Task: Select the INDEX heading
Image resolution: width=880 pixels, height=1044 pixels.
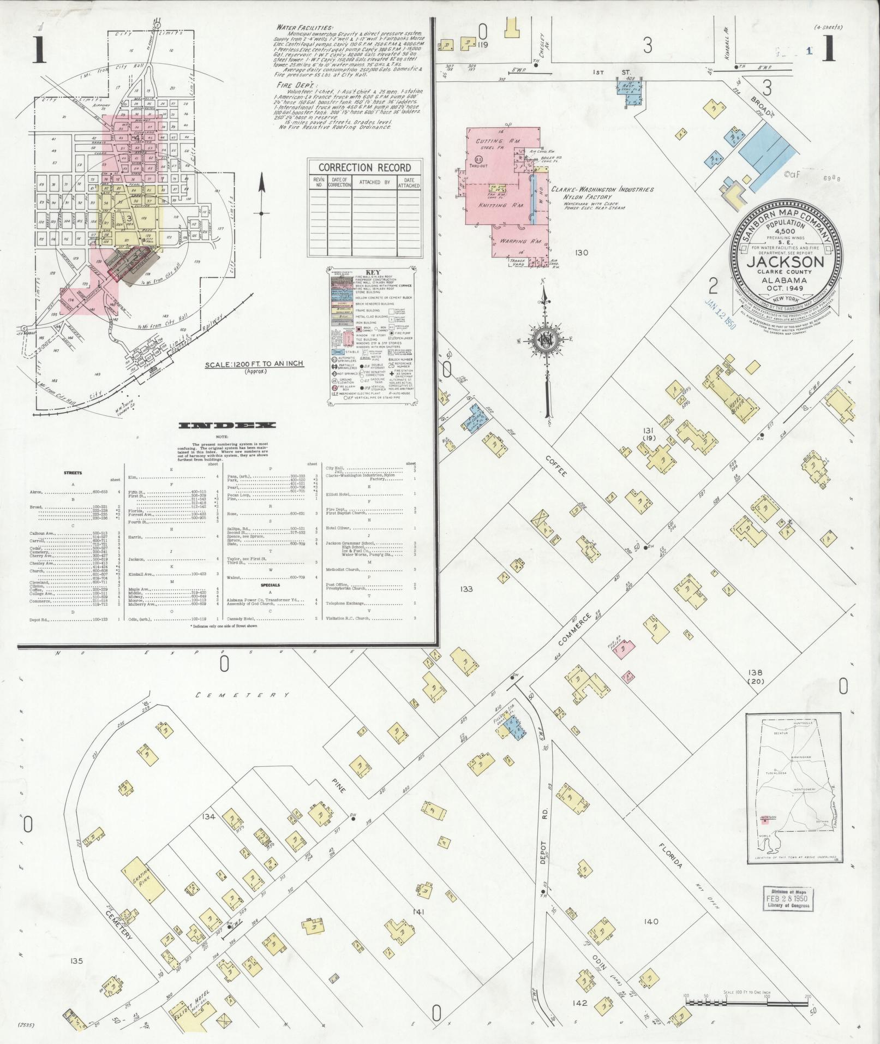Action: pyautogui.click(x=228, y=426)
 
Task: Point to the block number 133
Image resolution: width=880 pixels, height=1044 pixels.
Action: pyautogui.click(x=466, y=589)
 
